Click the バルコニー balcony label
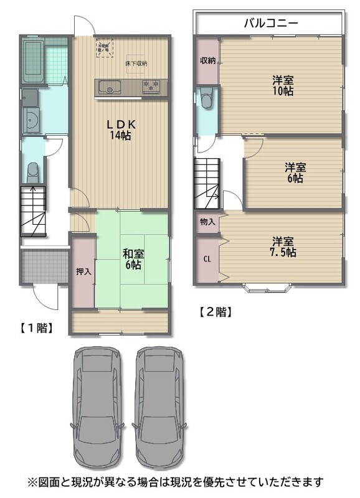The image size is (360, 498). [x=271, y=23]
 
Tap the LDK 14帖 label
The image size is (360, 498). [x=121, y=129]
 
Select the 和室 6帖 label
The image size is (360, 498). [x=133, y=259]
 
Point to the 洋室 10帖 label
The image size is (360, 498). [x=283, y=85]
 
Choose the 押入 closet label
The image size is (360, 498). [x=83, y=271]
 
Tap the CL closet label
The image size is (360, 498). [x=207, y=259]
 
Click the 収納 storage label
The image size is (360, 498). [x=208, y=60]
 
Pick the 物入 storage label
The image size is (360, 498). [x=207, y=222]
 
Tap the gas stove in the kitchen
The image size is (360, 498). [x=151, y=87]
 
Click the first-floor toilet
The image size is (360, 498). [x=33, y=172]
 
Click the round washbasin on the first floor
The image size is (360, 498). [x=31, y=120]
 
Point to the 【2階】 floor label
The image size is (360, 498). [x=216, y=312]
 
